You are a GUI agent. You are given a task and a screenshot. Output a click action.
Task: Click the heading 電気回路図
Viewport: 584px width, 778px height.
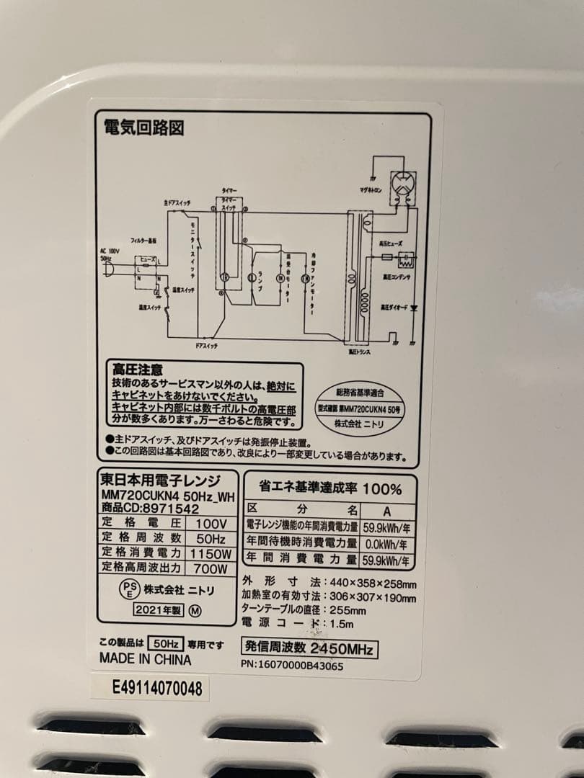point(144,128)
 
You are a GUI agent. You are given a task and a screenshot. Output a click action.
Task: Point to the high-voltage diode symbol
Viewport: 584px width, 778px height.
point(415,307)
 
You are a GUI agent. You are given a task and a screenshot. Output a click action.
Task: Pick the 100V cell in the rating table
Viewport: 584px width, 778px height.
point(210,524)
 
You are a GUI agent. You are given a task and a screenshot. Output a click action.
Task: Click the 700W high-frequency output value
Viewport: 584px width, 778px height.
point(210,568)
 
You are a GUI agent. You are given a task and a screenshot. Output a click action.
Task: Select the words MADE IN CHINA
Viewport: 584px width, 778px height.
point(145,659)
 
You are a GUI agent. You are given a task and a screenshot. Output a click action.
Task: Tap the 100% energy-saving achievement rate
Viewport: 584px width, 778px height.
point(381,489)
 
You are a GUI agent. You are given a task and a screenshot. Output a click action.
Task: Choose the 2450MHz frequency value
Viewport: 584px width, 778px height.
point(341,648)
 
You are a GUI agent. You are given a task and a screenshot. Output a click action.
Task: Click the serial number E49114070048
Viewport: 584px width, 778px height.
point(156,689)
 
